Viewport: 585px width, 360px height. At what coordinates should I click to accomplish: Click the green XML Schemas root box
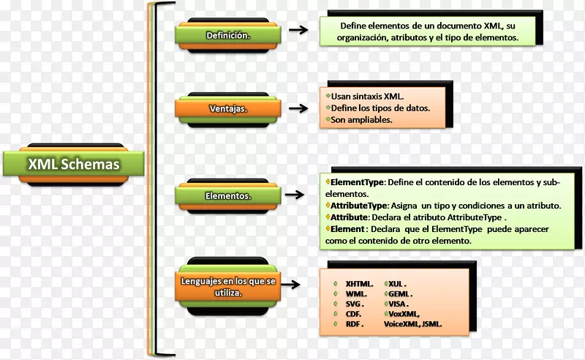coord(73,165)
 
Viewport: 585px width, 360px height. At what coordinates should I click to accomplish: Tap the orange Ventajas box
coord(227,109)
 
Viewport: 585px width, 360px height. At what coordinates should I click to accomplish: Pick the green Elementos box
coord(227,195)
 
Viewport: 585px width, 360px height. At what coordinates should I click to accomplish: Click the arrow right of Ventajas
coord(297,108)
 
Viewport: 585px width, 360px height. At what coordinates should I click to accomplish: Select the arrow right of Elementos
coord(294,195)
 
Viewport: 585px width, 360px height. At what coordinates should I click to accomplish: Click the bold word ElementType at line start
coord(357,182)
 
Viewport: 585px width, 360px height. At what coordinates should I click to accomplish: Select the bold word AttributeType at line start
coord(359,206)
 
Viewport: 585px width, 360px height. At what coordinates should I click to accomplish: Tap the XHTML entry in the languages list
coord(359,283)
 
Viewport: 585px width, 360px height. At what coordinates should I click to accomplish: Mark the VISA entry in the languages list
coord(399,303)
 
